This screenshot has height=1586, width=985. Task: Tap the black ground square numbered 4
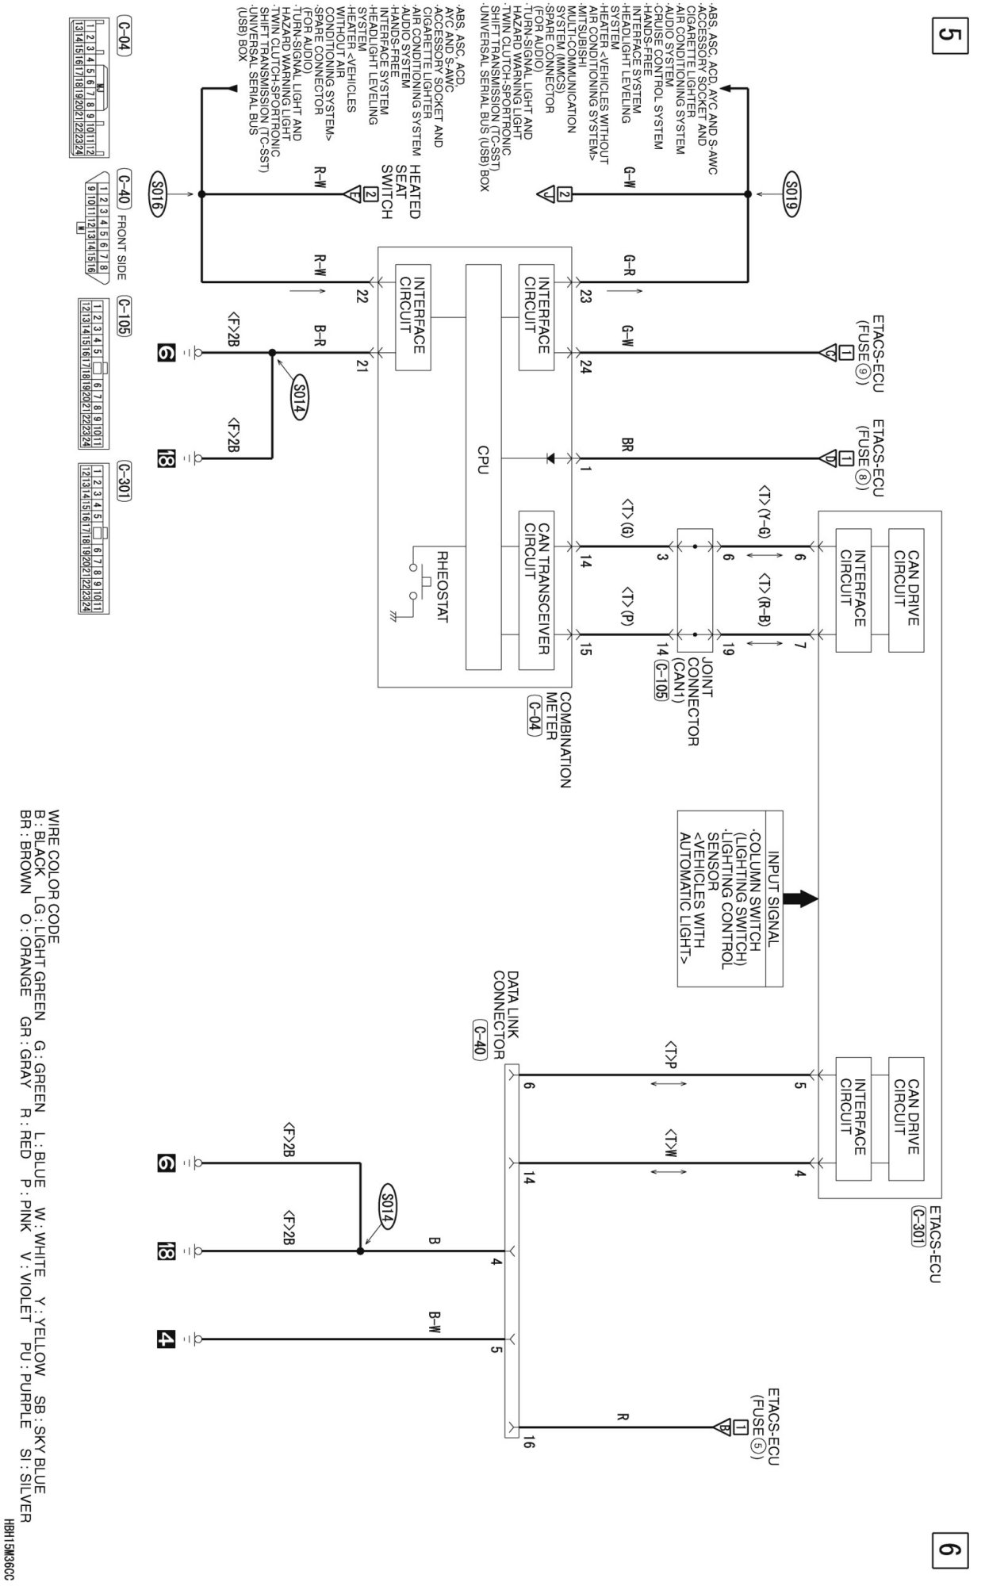pyautogui.click(x=165, y=1339)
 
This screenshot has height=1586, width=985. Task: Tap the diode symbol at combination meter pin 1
pyautogui.click(x=549, y=458)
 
